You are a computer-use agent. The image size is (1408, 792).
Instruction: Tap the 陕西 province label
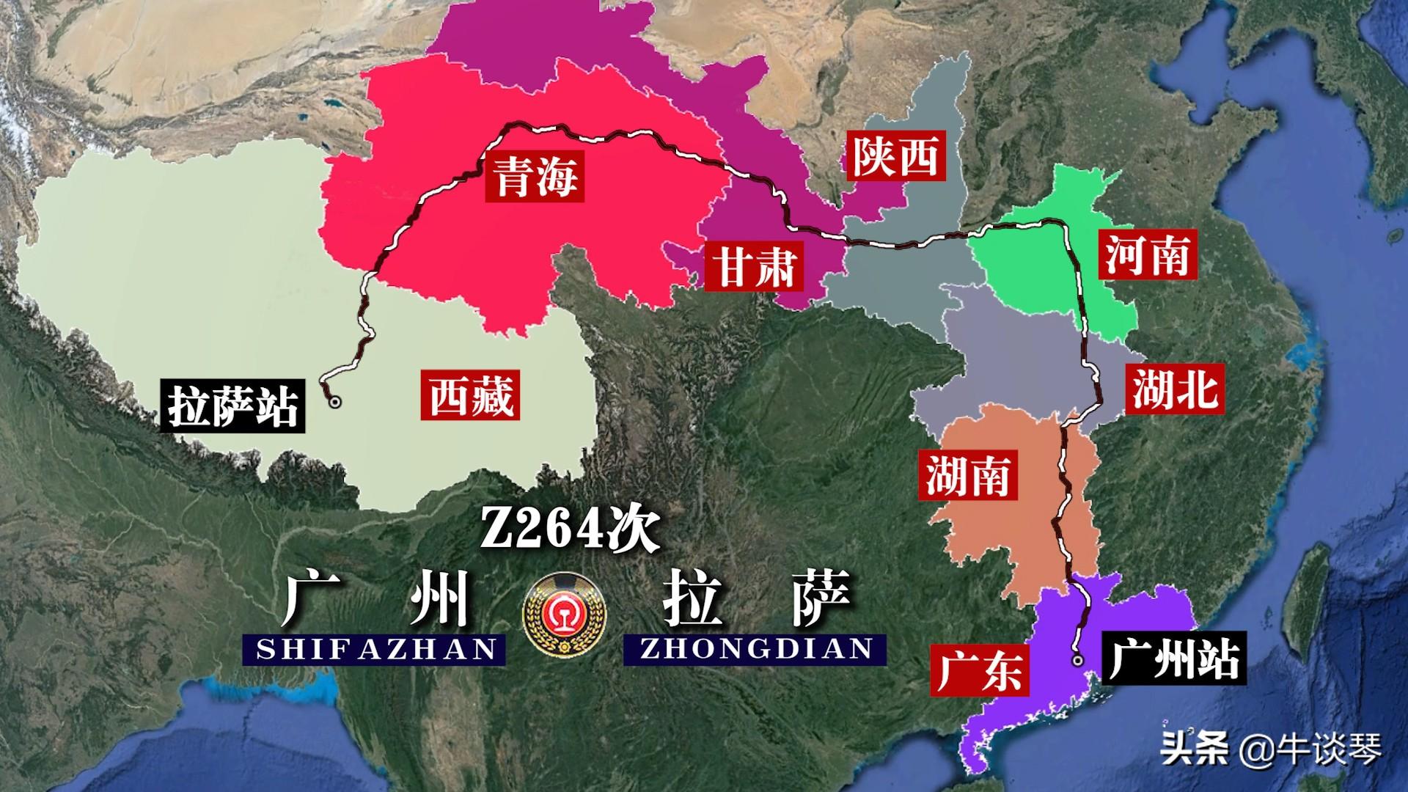(x=895, y=155)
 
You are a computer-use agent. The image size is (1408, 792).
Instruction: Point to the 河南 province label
(x=1147, y=254)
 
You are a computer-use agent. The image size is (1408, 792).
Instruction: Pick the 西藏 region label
(x=470, y=395)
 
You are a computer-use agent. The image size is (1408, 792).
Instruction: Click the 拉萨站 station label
(x=233, y=406)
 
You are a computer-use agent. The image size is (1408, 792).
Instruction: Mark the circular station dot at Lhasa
(x=335, y=402)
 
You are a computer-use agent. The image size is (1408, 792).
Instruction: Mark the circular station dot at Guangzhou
(x=1077, y=661)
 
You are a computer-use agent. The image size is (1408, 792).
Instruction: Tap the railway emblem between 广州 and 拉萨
(x=565, y=613)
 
